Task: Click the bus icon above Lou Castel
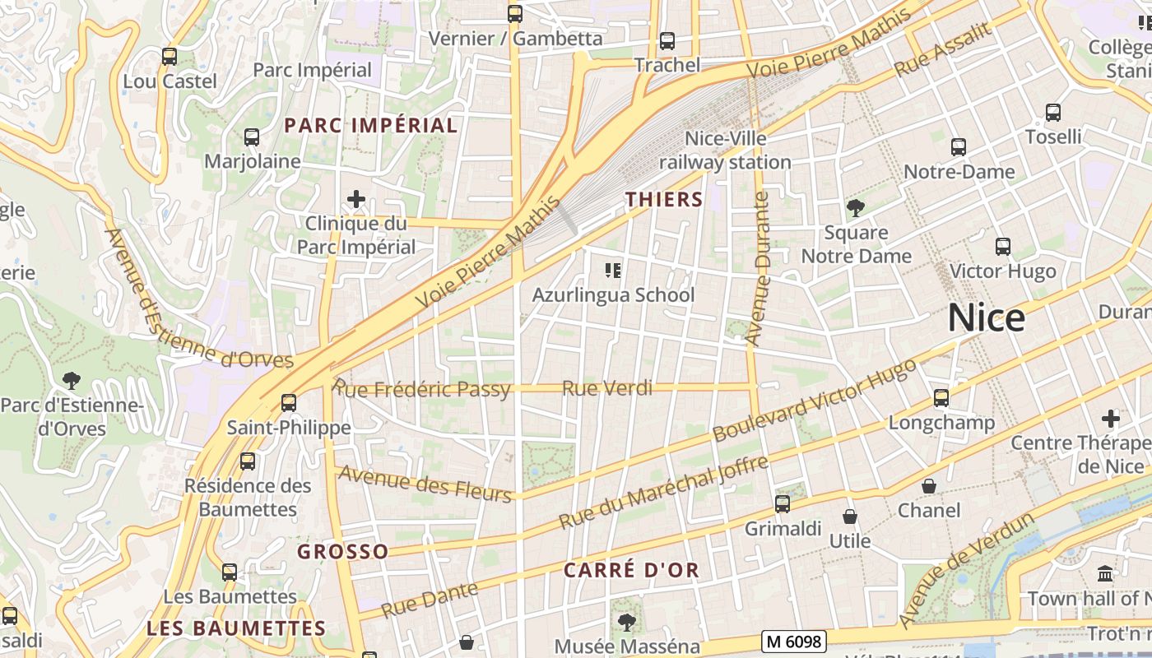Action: [170, 57]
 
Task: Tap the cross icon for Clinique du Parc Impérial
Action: [356, 199]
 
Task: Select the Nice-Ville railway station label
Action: [725, 151]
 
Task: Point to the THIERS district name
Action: [664, 199]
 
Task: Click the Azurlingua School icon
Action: [612, 270]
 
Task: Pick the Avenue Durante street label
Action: [758, 268]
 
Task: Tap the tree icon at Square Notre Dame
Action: [856, 208]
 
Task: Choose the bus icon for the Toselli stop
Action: [1053, 113]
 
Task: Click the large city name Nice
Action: [986, 317]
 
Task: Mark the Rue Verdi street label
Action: [607, 388]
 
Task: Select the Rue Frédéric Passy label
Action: [422, 389]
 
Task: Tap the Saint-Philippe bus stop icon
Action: [289, 403]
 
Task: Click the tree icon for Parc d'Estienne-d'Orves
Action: [72, 380]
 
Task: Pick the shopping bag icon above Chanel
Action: [929, 486]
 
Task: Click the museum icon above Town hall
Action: [1105, 573]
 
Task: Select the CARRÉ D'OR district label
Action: [632, 570]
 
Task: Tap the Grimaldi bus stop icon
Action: [783, 503]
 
